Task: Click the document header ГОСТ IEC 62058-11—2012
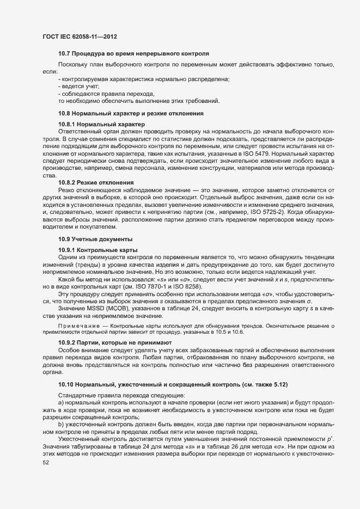pyautogui.click(x=80, y=36)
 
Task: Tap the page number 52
pyautogui.click(x=38, y=464)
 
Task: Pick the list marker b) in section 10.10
pyautogui.click(x=60, y=424)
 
